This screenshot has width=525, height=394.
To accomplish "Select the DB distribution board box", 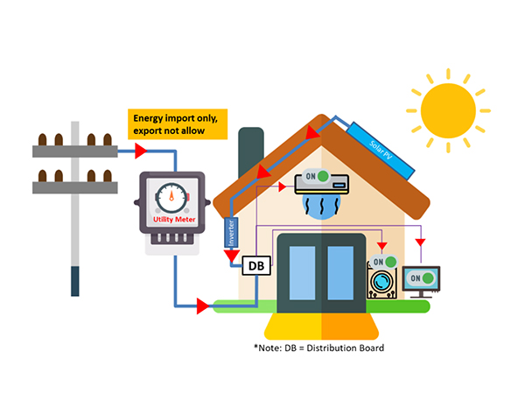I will [256, 264].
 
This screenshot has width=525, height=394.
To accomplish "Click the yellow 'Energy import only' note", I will [178, 124].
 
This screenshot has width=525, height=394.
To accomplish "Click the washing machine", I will [382, 285].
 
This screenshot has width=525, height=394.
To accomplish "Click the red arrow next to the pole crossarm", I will [139, 151].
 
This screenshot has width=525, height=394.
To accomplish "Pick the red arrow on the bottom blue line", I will [204, 306].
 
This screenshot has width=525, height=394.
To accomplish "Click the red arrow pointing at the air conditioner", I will [280, 186].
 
